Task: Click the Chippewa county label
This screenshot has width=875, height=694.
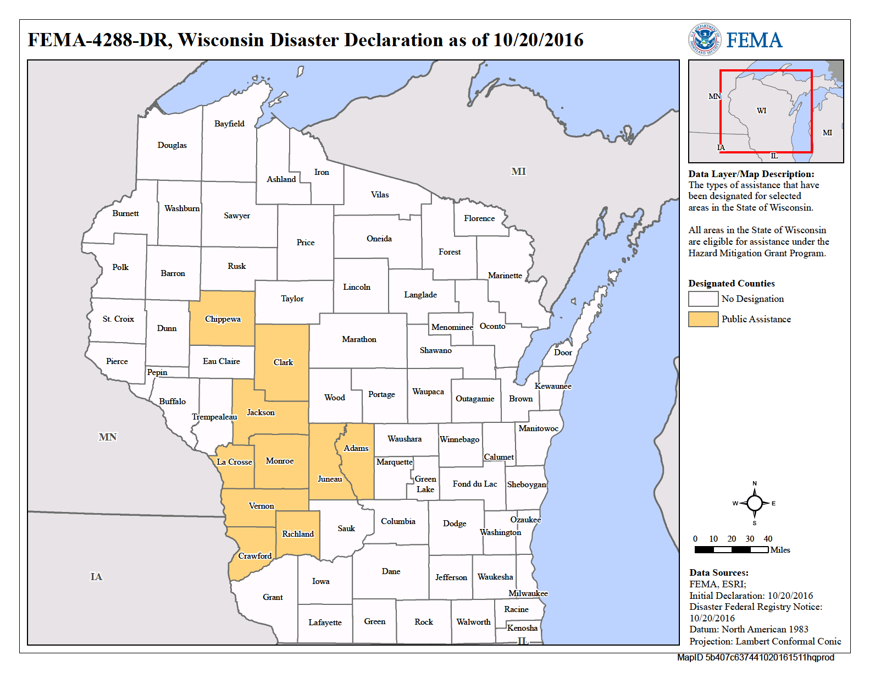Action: (223, 319)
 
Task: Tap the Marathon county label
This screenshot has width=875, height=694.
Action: (359, 339)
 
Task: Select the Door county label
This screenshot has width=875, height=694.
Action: (563, 352)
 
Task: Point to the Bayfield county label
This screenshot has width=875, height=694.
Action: (229, 124)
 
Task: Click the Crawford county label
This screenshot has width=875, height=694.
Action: (255, 556)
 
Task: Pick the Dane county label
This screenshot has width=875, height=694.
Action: (391, 571)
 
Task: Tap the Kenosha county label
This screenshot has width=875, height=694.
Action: (522, 628)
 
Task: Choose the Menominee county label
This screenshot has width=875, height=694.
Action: (452, 327)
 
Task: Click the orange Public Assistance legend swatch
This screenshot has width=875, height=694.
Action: (703, 320)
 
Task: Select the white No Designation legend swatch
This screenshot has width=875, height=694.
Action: (703, 299)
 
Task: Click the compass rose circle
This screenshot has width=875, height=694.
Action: (755, 503)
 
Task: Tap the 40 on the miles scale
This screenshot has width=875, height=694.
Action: (768, 539)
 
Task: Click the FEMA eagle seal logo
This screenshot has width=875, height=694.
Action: (705, 40)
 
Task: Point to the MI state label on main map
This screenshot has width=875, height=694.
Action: (518, 172)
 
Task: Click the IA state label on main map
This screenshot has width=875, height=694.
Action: (96, 577)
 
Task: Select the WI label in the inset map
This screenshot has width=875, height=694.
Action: (761, 111)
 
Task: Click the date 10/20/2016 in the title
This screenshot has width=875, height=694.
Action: (538, 40)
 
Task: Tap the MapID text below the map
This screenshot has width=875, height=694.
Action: (755, 658)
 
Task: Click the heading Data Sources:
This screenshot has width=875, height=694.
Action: (718, 573)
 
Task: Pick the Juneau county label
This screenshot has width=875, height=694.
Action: (330, 479)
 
